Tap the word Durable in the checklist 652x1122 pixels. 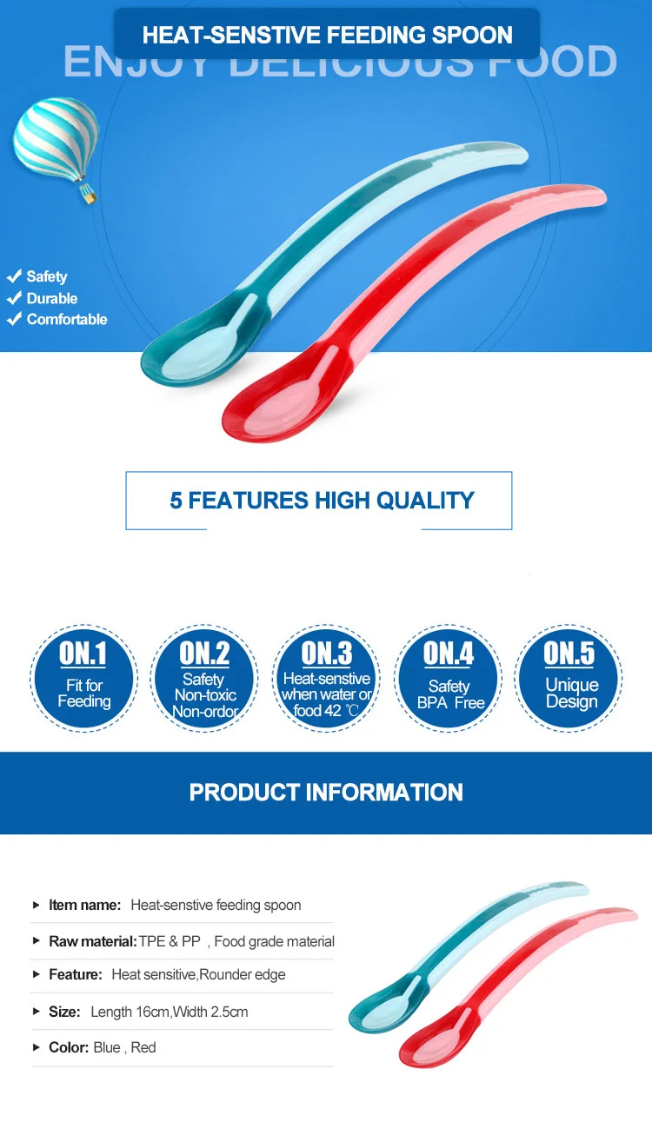click(x=52, y=298)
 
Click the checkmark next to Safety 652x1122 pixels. click(x=14, y=276)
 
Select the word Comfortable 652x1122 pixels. click(x=67, y=319)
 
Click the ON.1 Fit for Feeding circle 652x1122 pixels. click(x=83, y=678)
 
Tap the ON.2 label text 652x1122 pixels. click(x=204, y=654)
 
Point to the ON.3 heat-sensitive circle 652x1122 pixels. click(x=327, y=678)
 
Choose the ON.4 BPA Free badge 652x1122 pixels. click(x=449, y=678)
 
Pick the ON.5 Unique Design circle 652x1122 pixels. click(x=569, y=678)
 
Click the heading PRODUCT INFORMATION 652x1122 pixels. click(x=326, y=793)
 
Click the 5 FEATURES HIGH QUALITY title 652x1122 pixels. click(x=322, y=501)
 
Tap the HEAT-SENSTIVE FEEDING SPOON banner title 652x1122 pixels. click(x=327, y=36)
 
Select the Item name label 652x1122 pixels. click(x=84, y=905)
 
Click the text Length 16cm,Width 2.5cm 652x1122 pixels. click(x=170, y=1012)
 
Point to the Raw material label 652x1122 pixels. click(x=92, y=941)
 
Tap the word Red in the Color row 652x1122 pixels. click(x=143, y=1047)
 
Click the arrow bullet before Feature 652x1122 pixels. click(x=36, y=975)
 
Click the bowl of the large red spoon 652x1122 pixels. click(x=269, y=404)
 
